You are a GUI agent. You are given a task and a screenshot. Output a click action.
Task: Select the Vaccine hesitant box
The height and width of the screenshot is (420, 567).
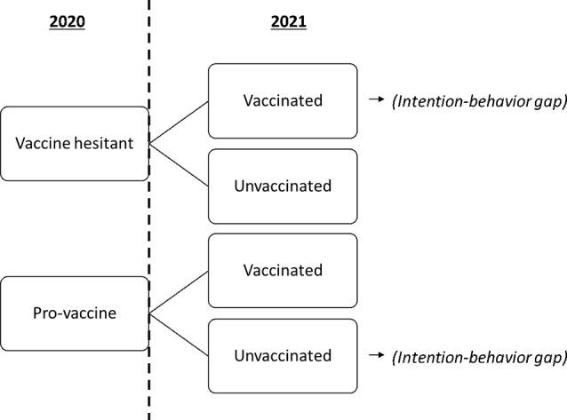point(74,143)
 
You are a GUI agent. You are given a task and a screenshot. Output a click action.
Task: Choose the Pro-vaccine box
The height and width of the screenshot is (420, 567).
point(74,313)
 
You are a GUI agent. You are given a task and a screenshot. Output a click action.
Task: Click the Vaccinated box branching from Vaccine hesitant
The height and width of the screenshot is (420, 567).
point(282,100)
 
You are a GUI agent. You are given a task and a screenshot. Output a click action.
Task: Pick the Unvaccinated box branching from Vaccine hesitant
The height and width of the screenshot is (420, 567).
point(282,186)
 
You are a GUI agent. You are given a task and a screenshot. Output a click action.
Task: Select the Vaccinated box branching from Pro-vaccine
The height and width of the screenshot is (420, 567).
point(282,270)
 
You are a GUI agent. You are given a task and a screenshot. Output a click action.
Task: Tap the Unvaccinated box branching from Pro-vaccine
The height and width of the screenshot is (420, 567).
point(282,355)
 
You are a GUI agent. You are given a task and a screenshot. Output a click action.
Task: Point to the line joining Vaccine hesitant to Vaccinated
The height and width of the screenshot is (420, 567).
point(179,122)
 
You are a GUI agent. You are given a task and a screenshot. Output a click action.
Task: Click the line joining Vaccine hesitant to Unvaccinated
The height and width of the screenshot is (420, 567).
point(179,164)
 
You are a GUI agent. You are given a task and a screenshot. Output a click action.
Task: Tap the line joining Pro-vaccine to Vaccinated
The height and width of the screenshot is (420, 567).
point(179,291)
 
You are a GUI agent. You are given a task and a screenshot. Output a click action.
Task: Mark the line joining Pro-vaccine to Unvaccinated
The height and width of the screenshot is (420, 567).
point(179,334)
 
